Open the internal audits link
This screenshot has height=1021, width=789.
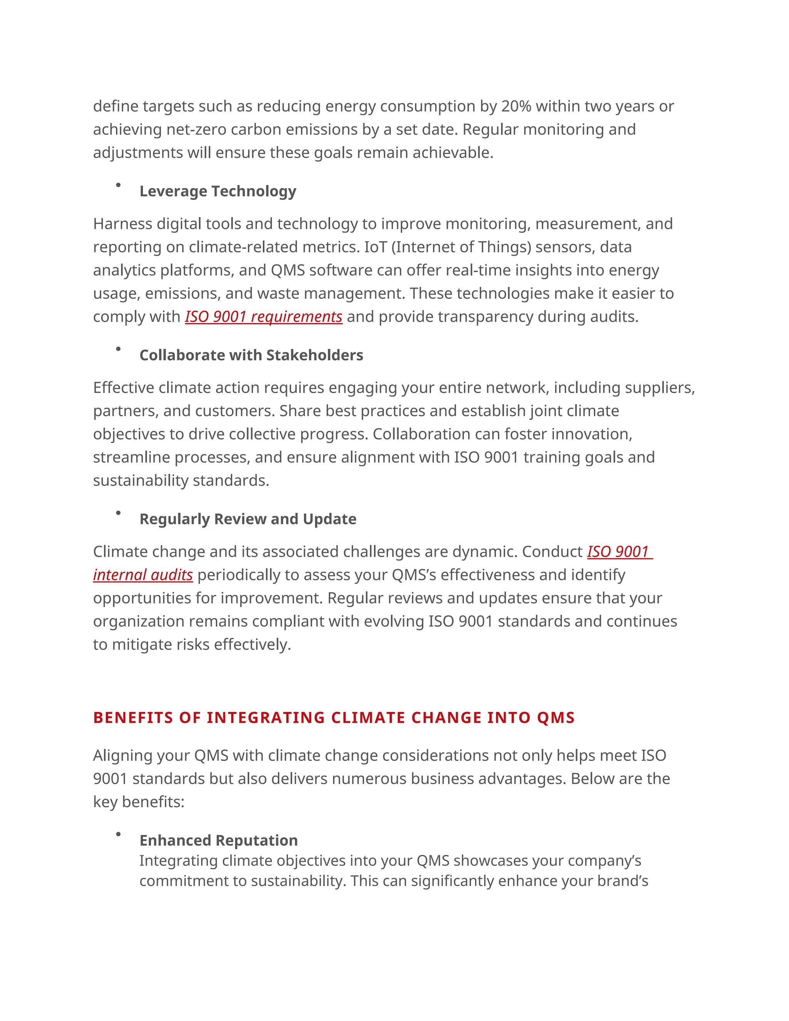click(x=143, y=574)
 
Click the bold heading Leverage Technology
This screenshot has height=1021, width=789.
click(x=218, y=191)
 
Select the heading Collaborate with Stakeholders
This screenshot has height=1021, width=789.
click(x=251, y=355)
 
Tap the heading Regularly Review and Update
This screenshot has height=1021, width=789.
click(x=248, y=519)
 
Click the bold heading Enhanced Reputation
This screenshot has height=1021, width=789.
click(x=218, y=840)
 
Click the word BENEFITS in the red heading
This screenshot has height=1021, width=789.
click(x=133, y=718)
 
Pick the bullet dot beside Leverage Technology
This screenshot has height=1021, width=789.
click(x=118, y=185)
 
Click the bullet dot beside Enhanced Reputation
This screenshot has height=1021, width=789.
click(x=118, y=834)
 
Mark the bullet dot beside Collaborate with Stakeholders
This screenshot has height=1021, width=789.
click(x=118, y=349)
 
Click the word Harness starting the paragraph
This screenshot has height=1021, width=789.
click(x=123, y=224)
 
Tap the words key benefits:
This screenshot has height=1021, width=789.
click(x=138, y=802)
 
